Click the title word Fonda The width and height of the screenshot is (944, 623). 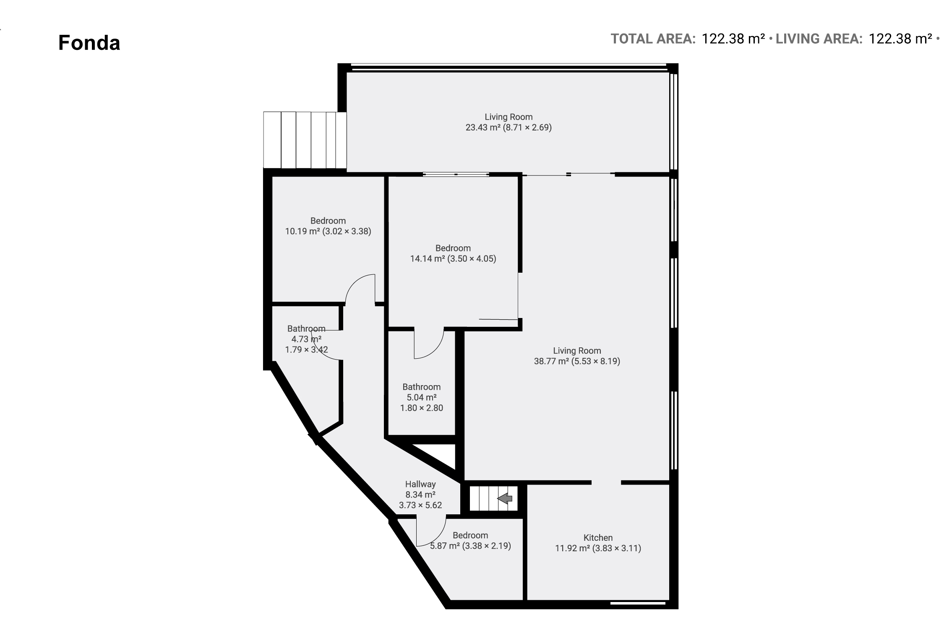[x=89, y=43]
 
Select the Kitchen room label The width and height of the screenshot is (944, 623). [x=598, y=537]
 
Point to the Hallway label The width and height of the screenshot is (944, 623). [x=420, y=484]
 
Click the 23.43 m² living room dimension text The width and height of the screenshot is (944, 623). [x=509, y=127]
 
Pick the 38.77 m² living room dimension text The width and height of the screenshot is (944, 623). [x=577, y=361]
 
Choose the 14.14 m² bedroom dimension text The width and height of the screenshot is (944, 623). [x=453, y=258]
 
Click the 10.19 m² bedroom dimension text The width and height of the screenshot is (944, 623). [x=328, y=231]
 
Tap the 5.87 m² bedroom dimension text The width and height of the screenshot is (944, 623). [x=470, y=546]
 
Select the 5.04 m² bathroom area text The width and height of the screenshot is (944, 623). [x=422, y=397]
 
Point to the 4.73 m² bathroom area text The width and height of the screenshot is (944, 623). [x=306, y=339]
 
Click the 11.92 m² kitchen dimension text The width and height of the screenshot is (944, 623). [x=598, y=548]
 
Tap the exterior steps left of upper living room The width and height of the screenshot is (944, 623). [x=305, y=140]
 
